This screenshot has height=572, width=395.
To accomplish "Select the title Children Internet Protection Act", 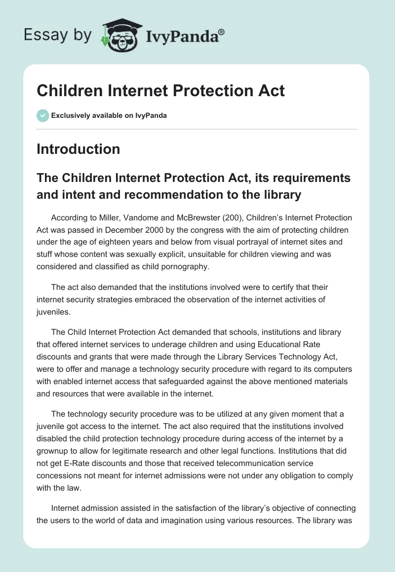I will (x=160, y=91).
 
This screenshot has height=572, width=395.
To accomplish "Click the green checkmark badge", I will (x=42, y=115).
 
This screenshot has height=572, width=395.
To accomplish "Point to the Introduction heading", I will (x=78, y=149).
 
